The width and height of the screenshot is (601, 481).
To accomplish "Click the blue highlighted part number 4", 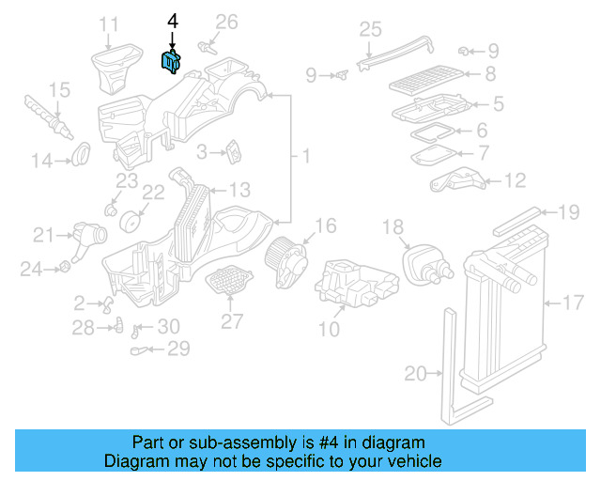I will (x=171, y=61).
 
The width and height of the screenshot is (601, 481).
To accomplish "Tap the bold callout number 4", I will (x=172, y=20).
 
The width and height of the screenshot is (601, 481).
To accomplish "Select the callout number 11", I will (x=110, y=23).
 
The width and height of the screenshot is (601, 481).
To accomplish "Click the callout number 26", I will (x=227, y=22).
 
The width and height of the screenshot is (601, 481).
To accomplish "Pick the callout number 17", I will (x=573, y=303).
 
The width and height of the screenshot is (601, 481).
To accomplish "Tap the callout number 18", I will (x=393, y=226).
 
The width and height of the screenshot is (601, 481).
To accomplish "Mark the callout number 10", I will (x=329, y=329).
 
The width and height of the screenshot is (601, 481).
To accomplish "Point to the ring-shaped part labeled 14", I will (x=82, y=150).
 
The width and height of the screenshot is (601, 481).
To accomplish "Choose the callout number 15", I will (x=59, y=90).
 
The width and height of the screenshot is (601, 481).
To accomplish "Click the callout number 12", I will (x=516, y=180).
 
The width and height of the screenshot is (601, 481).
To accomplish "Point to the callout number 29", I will (x=177, y=349).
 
